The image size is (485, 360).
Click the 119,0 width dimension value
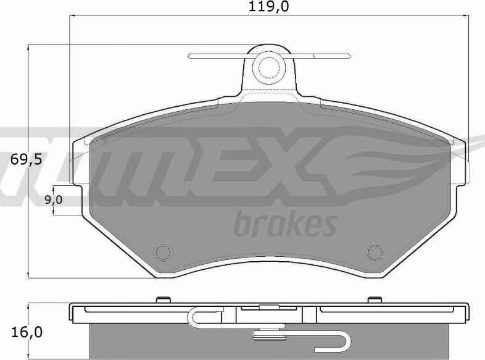pos(268,7)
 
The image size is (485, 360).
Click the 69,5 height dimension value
pos(26,159)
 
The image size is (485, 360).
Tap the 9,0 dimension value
pos(54,200)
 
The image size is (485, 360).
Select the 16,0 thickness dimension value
pos(27,332)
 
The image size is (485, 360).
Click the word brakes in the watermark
pos(285,224)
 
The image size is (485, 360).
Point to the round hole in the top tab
pos(269,68)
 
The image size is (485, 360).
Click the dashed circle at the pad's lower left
pos(164,253)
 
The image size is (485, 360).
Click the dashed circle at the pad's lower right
pos(375,253)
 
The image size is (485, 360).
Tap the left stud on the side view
pos(164,300)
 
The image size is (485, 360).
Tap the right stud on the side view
pos(375,300)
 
